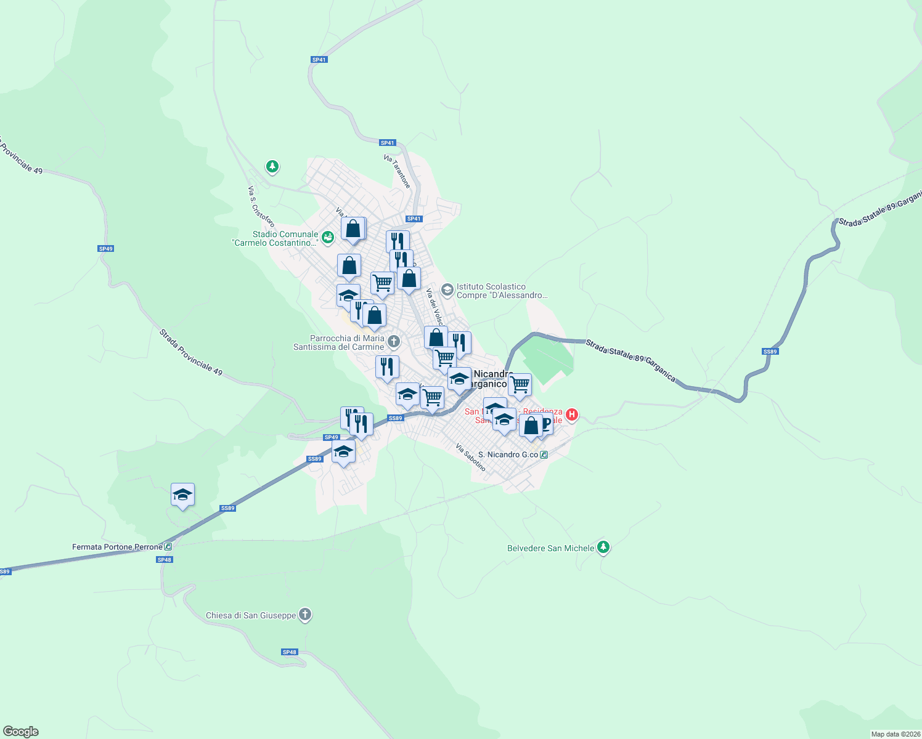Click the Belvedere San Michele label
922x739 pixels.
tap(550, 548)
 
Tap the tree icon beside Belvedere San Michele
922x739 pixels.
tap(603, 547)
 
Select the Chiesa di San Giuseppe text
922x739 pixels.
tap(251, 615)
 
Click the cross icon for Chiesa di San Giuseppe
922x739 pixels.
tap(305, 615)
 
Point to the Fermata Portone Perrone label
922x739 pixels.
tap(117, 547)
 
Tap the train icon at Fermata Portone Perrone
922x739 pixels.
tap(168, 546)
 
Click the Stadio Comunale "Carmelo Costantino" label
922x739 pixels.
tap(285, 238)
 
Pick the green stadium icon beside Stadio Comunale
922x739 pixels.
tap(327, 236)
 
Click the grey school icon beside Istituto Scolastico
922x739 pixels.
tap(447, 289)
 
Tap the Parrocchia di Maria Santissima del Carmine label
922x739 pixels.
tap(338, 342)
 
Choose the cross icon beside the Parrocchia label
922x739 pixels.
tap(394, 341)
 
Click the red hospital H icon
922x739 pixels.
tap(571, 414)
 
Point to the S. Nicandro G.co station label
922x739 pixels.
tap(508, 454)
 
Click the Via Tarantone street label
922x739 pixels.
tap(397, 171)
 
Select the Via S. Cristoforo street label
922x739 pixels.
tap(261, 206)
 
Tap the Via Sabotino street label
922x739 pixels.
tap(471, 458)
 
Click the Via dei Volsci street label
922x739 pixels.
tap(434, 307)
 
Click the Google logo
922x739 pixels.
tap(21, 731)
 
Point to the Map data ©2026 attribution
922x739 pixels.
tap(894, 734)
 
